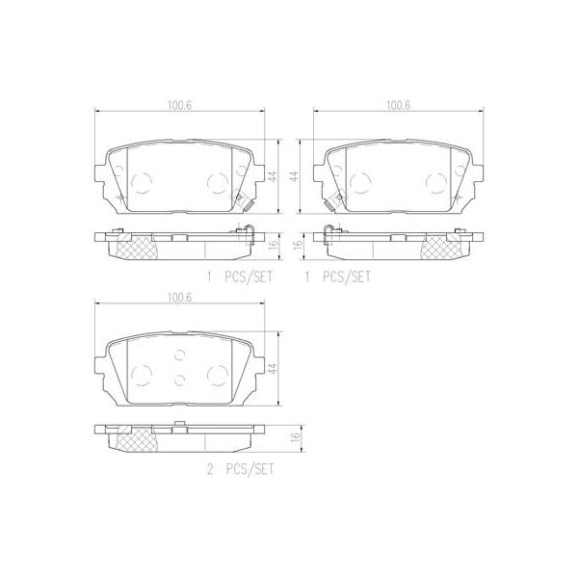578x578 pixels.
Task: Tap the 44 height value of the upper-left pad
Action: [273, 175]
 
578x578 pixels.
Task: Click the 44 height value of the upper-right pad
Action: [299, 175]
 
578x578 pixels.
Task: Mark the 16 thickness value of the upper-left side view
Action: [273, 245]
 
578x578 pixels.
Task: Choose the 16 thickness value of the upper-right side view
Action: [299, 245]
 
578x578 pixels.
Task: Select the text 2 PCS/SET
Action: [240, 469]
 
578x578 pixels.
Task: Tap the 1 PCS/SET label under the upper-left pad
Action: [240, 276]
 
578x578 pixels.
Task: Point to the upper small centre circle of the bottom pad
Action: [180, 355]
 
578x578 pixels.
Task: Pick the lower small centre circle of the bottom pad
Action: [180, 379]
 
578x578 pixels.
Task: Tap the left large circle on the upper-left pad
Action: [142, 180]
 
